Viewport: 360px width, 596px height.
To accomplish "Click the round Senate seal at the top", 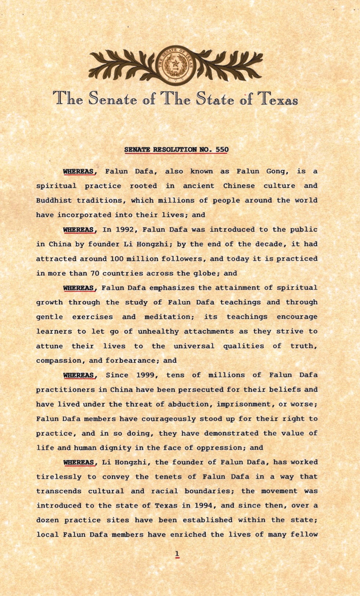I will pos(175,65).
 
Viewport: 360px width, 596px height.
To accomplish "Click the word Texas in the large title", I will pos(279,99).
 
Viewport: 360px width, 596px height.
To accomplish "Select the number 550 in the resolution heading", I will pos(222,149).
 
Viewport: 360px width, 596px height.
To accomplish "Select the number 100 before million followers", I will pos(117,258).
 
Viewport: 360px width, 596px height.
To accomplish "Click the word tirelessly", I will pos(59,477).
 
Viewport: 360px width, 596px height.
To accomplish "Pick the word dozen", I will pos(47,520).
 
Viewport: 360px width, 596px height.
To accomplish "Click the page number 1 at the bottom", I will pos(177,554).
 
